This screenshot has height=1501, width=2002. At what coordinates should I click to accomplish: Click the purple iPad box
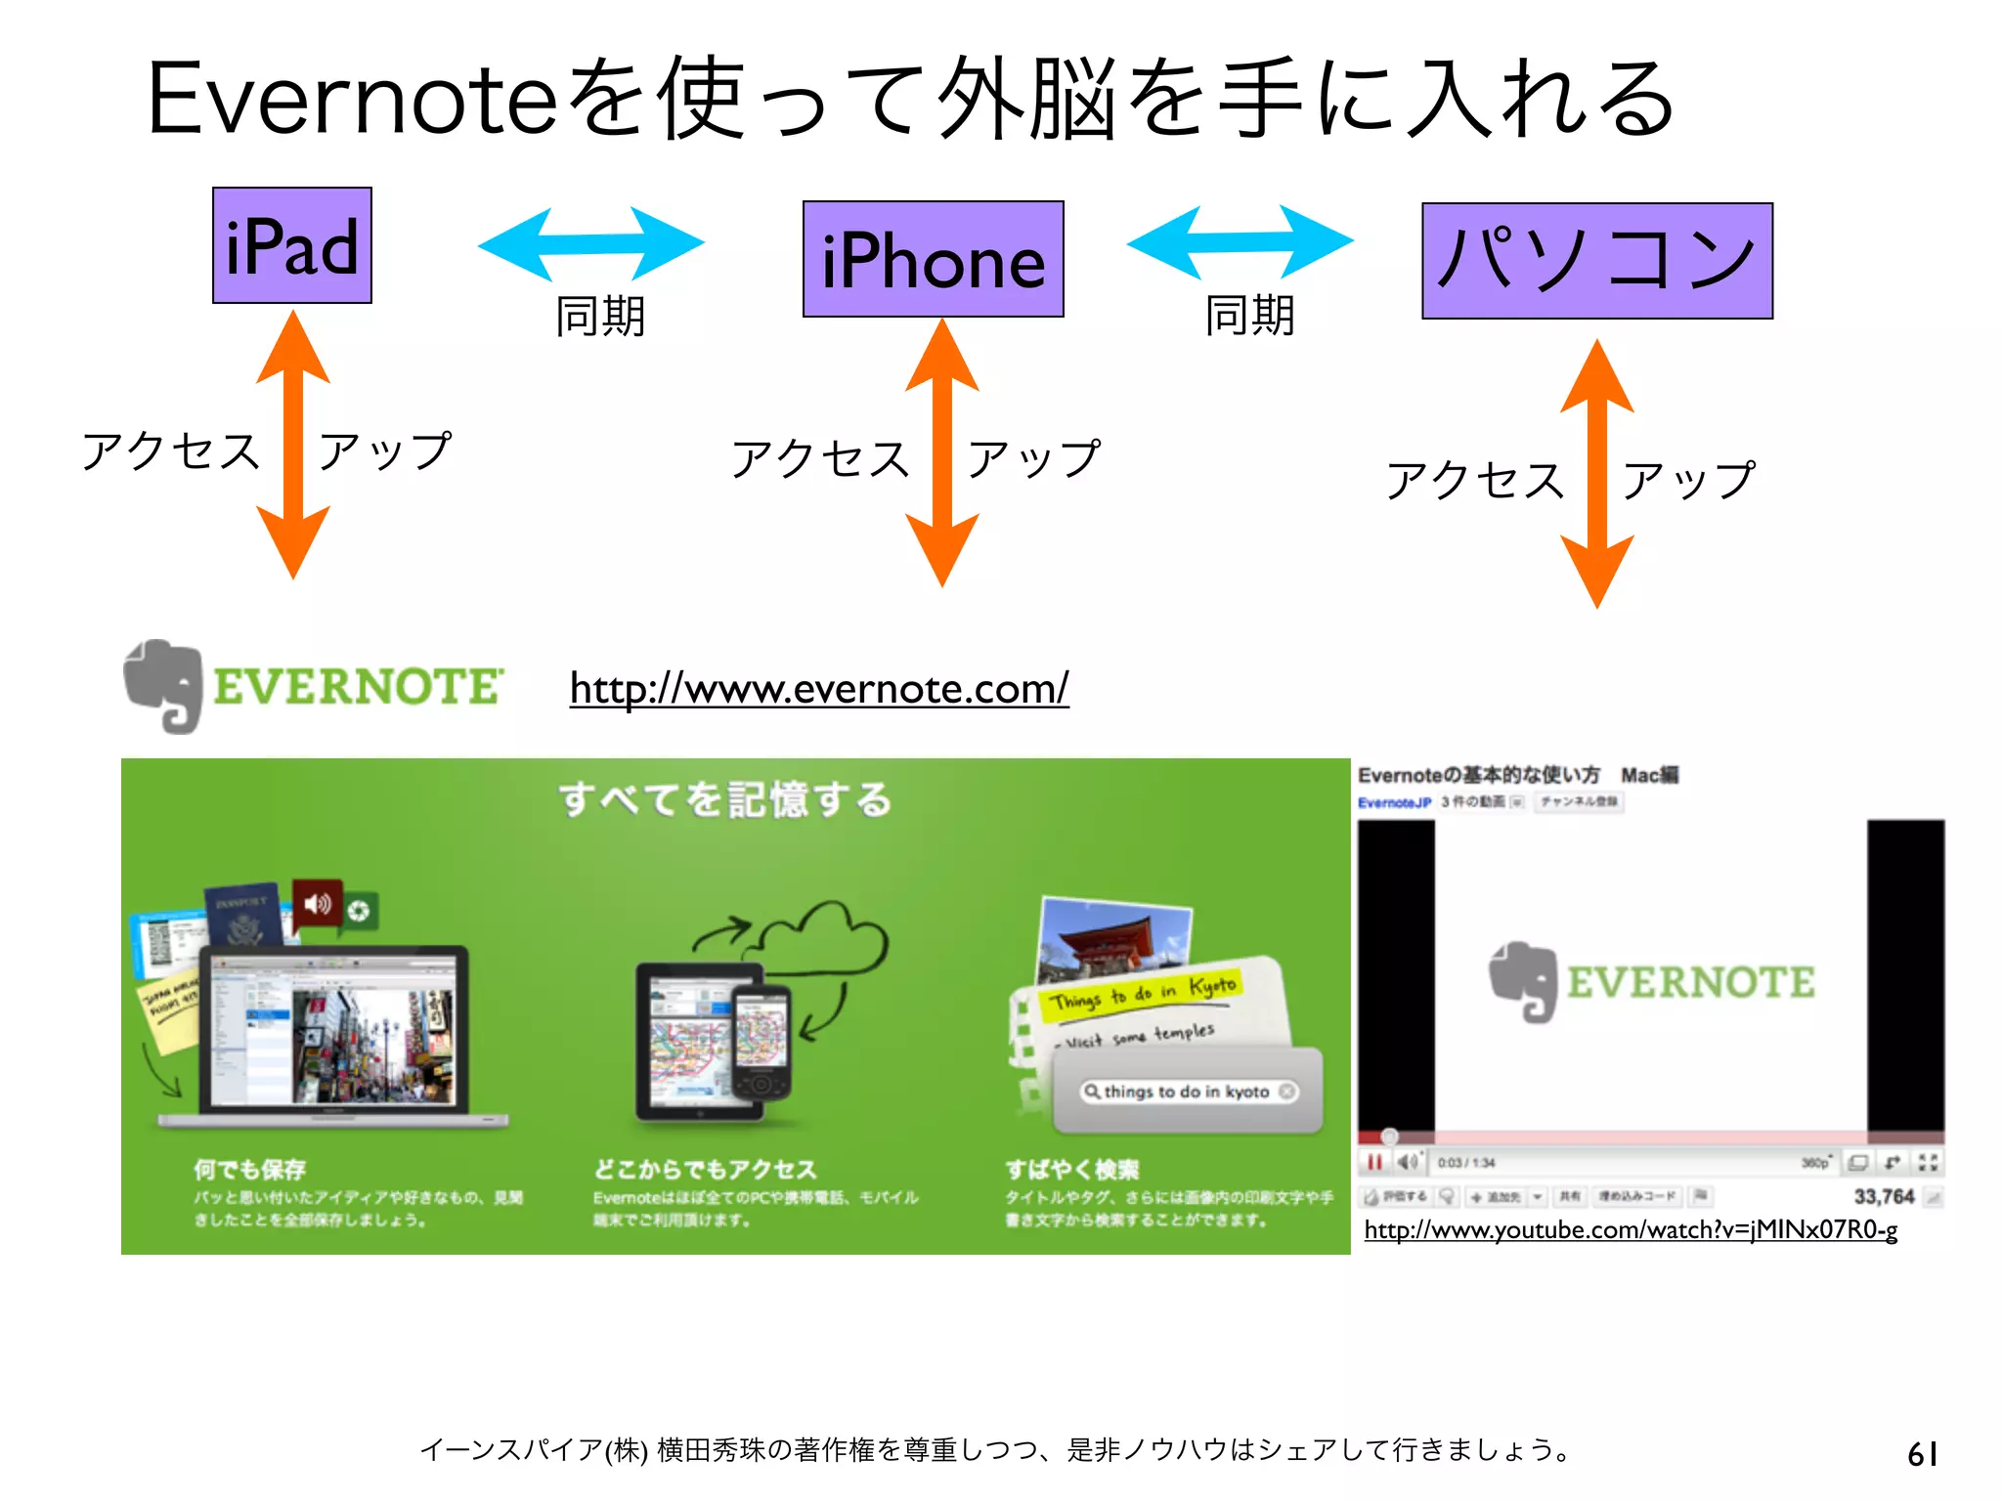[x=292, y=245]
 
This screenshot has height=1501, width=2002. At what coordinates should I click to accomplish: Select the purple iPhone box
[x=933, y=259]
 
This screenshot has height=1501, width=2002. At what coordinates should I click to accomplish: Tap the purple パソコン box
[x=1596, y=261]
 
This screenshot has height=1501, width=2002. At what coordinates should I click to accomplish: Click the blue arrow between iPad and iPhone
[x=590, y=243]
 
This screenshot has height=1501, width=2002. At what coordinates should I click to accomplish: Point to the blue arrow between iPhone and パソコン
[x=1240, y=241]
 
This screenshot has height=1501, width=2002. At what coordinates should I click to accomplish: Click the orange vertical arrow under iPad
[x=292, y=445]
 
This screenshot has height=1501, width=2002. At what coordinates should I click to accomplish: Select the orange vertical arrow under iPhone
[x=941, y=452]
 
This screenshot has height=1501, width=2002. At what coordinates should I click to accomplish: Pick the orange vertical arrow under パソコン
[x=1596, y=474]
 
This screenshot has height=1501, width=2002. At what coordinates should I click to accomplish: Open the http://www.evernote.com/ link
[x=819, y=689]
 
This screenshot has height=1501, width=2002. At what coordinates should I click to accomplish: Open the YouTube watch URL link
[x=1631, y=1229]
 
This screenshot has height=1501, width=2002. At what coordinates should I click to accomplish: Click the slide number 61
[x=1922, y=1454]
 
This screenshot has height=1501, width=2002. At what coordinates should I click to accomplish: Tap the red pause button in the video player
[x=1374, y=1162]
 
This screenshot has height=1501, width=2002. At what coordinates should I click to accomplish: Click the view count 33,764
[x=1884, y=1196]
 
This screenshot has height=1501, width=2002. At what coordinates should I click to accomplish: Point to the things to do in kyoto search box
[x=1187, y=1092]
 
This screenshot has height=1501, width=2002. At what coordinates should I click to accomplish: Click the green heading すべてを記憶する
[x=725, y=799]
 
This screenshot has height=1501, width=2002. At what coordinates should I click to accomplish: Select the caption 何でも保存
[x=249, y=1169]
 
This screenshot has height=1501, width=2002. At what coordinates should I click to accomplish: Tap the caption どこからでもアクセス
[x=704, y=1169]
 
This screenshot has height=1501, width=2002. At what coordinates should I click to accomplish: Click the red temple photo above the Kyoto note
[x=1114, y=938]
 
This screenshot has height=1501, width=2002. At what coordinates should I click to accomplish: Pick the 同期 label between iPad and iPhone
[x=600, y=317]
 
